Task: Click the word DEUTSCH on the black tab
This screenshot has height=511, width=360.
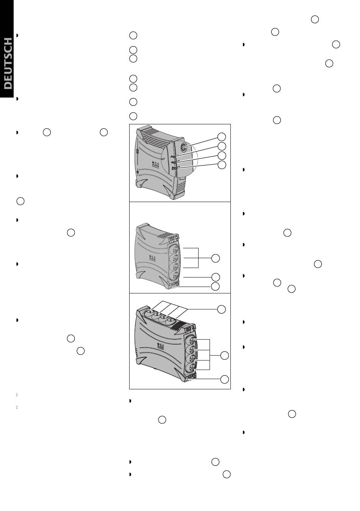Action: [x=8, y=63]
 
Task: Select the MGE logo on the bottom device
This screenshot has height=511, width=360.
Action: [x=161, y=346]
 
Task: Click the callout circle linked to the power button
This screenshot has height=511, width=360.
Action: [x=221, y=136]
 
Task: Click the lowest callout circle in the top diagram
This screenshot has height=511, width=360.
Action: [x=222, y=165]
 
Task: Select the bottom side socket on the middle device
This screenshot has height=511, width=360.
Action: [x=175, y=276]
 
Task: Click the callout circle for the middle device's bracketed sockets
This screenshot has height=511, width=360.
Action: [x=216, y=258]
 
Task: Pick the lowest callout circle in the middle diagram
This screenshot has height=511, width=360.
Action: [x=215, y=286]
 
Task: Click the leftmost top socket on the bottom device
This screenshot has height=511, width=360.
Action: [x=149, y=311]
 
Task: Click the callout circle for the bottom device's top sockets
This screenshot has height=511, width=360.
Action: [x=221, y=309]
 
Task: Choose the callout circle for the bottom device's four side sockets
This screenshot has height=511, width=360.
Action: [x=224, y=356]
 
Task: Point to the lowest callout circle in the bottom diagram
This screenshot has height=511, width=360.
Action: [x=224, y=379]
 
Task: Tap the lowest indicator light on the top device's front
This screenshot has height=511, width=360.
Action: [x=174, y=168]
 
